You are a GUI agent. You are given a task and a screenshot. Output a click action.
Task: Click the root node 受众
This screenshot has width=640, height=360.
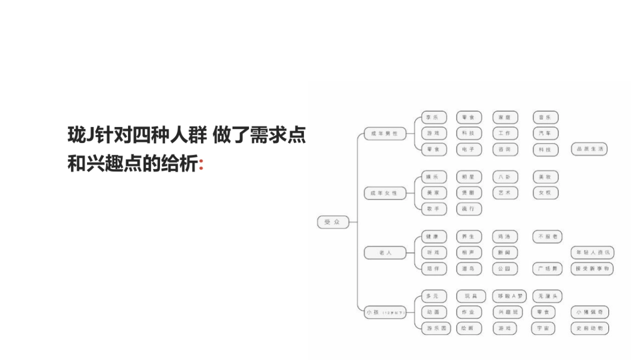pos(333,221)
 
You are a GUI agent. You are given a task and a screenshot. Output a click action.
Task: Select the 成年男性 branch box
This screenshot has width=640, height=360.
pos(385,133)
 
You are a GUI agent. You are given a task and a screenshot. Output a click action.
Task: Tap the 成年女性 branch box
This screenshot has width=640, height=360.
pos(385,193)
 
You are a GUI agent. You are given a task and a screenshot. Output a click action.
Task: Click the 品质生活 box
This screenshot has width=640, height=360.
pos(589,149)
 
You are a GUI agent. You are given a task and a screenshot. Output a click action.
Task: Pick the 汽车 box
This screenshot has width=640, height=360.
pos(545,133)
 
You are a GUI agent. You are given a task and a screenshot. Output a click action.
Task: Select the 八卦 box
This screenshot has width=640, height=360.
pos(505,177)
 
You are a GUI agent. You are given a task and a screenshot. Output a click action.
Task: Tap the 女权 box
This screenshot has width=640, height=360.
pos(545,193)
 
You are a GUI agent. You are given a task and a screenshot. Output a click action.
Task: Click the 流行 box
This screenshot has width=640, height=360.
pos(469,209)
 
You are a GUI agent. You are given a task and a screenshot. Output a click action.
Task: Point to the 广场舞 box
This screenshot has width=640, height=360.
pos(547,269)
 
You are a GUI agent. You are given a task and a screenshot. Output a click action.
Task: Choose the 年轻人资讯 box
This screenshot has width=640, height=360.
pos(592,252)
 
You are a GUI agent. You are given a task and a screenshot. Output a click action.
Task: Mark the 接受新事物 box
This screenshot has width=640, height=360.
pos(592,269)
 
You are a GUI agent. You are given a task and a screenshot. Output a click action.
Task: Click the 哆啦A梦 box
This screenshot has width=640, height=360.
pos(509,296)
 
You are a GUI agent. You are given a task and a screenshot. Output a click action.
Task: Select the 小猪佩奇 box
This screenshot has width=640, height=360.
pos(590,312)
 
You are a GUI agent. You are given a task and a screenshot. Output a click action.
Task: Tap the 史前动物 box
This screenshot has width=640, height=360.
pos(590,329)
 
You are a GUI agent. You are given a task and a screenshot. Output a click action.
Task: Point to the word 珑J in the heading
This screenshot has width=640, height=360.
pos(80,134)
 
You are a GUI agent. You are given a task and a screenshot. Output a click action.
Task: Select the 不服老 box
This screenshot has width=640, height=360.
pos(547,236)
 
